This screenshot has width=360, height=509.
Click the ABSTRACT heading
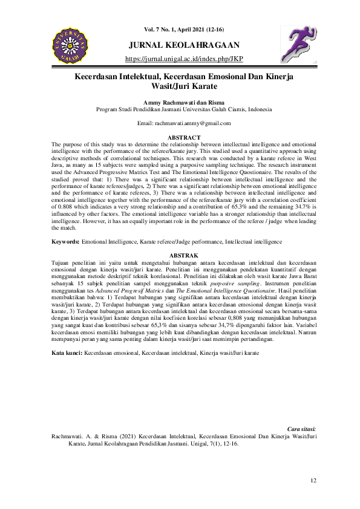(183, 138)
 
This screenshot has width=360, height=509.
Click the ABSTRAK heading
(183, 256)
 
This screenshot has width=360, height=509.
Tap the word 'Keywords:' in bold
(65, 241)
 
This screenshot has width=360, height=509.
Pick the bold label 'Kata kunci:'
(68, 351)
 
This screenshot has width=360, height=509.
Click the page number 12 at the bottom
(313, 481)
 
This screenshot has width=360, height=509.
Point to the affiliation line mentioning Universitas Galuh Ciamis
(183, 110)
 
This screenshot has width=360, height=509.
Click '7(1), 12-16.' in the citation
(220, 443)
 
